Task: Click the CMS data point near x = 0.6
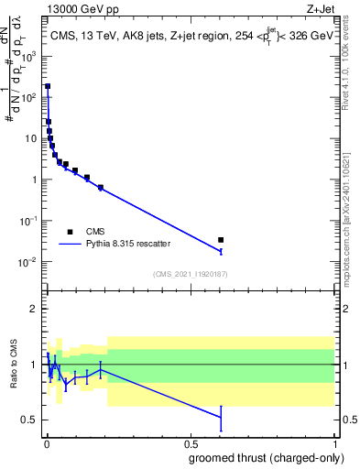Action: click(x=221, y=240)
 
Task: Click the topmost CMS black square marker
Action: click(x=48, y=86)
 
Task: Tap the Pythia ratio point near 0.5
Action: click(x=221, y=417)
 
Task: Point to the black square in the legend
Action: click(x=71, y=231)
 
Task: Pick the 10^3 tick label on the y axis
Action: click(x=28, y=56)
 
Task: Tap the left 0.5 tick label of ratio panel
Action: click(x=29, y=420)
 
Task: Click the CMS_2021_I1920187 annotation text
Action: click(x=190, y=274)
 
